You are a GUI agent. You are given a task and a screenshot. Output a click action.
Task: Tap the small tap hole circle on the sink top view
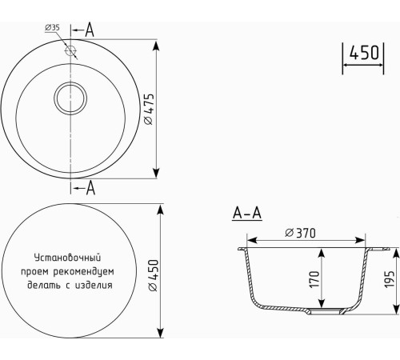click(72, 50)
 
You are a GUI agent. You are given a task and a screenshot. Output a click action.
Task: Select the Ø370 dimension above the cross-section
click(301, 233)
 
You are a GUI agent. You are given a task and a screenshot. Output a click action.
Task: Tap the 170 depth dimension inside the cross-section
click(314, 278)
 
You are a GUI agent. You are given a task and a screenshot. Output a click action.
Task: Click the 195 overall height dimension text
click(389, 281)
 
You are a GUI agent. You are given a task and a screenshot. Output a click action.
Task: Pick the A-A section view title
click(246, 213)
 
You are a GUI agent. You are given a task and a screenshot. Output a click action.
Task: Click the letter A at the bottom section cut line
click(90, 188)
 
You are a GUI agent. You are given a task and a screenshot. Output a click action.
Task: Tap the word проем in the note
click(43, 271)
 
